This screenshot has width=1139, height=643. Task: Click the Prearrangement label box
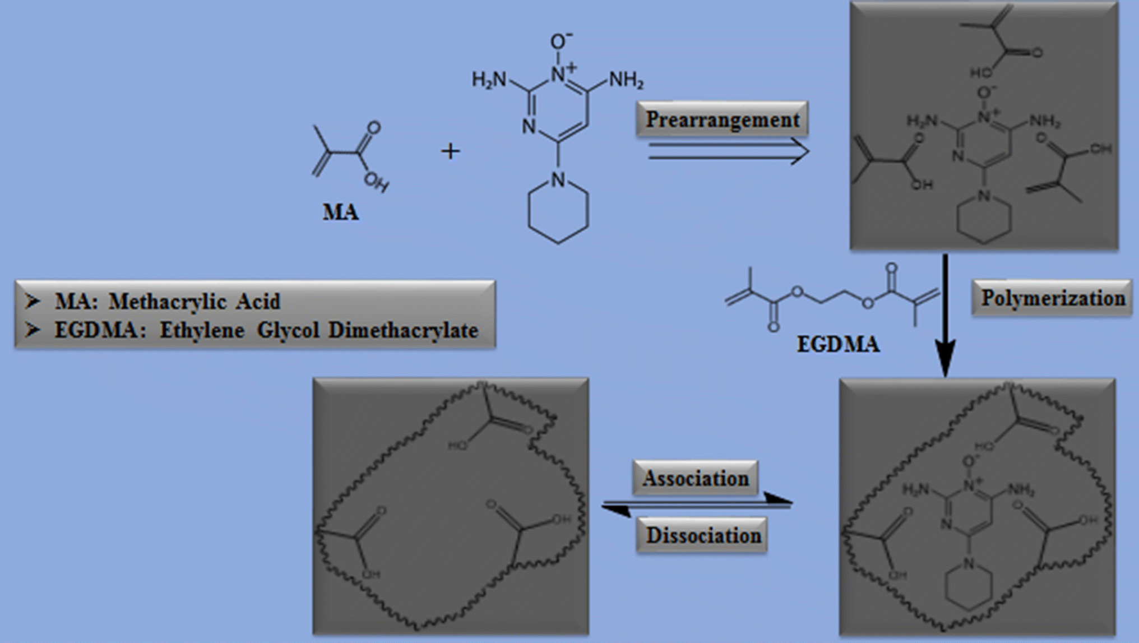(x=722, y=119)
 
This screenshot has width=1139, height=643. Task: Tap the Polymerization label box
(x=1052, y=298)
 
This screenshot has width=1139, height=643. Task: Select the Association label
(x=695, y=478)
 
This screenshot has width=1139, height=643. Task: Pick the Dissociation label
(x=703, y=535)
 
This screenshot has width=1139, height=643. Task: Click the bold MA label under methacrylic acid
(x=340, y=212)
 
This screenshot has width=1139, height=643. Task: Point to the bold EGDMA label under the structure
(x=838, y=344)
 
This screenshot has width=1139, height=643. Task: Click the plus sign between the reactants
(x=450, y=151)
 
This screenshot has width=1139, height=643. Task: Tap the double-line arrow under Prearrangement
(x=729, y=151)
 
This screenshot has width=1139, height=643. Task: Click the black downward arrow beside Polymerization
(x=945, y=314)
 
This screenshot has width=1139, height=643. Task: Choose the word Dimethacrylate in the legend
(x=404, y=330)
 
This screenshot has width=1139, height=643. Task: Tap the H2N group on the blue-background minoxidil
(x=489, y=80)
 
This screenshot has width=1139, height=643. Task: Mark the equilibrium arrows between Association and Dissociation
(x=697, y=505)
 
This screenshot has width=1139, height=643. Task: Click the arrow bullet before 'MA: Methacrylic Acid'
(x=33, y=302)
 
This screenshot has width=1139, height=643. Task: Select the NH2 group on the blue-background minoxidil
(x=626, y=80)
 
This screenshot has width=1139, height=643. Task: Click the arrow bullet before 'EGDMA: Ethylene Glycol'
(x=33, y=330)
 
